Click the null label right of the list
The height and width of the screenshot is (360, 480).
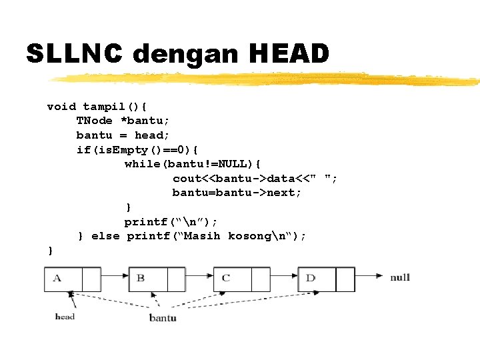pyautogui.click(x=400, y=277)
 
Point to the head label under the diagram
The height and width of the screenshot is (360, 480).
pyautogui.click(x=65, y=316)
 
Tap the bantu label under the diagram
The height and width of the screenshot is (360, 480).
pyautogui.click(x=163, y=318)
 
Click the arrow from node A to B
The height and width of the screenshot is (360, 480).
pyautogui.click(x=113, y=274)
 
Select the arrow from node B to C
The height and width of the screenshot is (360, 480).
pyautogui.click(x=198, y=274)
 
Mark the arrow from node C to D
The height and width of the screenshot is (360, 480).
pyautogui.click(x=283, y=274)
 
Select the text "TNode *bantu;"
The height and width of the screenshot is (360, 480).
pyautogui.click(x=123, y=121)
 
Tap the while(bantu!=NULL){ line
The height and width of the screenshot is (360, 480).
pyautogui.click(x=193, y=163)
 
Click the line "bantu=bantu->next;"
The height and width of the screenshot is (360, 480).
pyautogui.click(x=237, y=193)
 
